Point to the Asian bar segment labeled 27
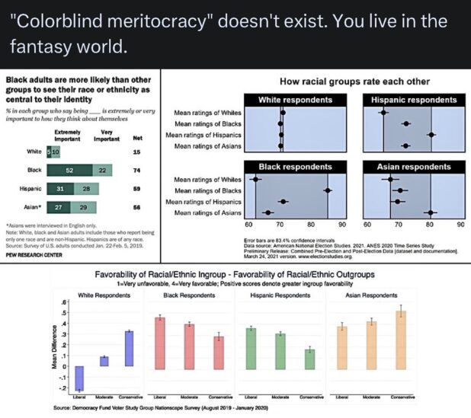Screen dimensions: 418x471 click(x=60, y=206)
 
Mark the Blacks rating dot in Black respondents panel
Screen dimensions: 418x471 click(x=328, y=190)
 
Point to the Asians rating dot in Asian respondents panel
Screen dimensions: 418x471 click(x=431, y=213)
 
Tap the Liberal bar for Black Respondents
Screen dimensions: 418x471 click(x=159, y=342)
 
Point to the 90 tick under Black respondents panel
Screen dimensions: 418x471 click(x=342, y=225)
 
